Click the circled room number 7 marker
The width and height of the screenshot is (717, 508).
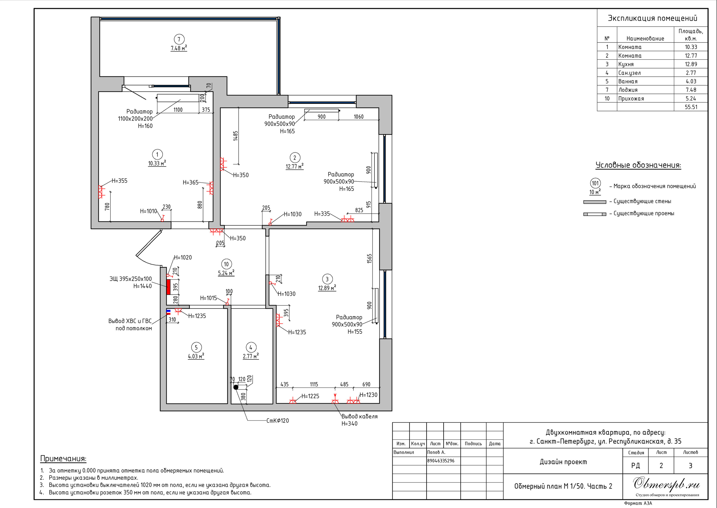179,39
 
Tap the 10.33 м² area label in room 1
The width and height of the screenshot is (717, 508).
157,163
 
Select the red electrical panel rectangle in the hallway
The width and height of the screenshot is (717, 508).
168,287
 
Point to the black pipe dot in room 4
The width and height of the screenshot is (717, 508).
236,387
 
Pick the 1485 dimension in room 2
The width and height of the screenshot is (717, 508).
236,136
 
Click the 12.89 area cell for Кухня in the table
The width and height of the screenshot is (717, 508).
691,64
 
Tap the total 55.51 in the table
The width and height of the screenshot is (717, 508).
691,107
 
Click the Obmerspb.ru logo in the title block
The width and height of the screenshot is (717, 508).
667,484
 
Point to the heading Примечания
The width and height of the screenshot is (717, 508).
63,458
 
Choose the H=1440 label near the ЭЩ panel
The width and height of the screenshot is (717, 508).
143,286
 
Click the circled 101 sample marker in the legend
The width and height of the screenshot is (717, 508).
595,183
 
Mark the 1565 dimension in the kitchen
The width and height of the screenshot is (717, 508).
369,259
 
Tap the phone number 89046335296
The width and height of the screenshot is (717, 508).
441,461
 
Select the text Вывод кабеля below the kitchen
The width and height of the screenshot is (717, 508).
359,416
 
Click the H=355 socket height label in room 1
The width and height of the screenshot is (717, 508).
120,181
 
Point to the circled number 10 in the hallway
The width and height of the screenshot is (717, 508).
226,264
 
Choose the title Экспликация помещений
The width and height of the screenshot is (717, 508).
653,18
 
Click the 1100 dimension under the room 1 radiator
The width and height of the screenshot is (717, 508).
178,110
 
